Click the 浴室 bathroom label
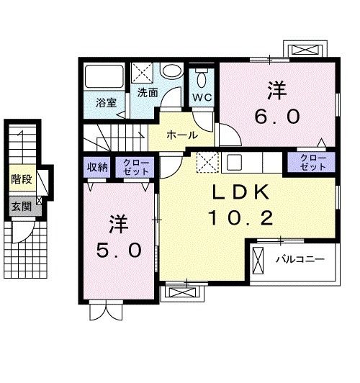point(107,102)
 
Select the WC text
point(199,96)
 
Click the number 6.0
point(276,114)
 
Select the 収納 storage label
point(99,167)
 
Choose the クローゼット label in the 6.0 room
point(312,163)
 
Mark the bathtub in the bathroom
point(105,78)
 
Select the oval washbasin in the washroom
point(171,72)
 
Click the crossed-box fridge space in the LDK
point(208,163)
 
